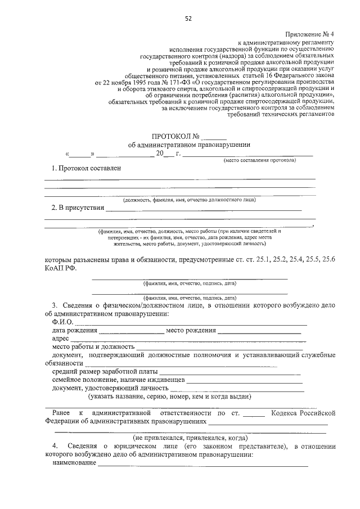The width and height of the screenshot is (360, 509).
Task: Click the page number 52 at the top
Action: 188,19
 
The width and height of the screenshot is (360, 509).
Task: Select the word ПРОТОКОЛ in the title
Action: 171,136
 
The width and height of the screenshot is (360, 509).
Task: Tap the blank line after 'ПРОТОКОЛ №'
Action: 214,137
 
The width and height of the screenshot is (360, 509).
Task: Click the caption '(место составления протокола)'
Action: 259,160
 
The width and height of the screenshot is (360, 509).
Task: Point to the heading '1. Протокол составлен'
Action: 85,168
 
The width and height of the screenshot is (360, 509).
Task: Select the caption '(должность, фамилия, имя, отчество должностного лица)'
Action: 190,200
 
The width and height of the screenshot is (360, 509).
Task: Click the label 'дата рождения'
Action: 74,331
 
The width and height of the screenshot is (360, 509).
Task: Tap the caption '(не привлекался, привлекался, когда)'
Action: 190,437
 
